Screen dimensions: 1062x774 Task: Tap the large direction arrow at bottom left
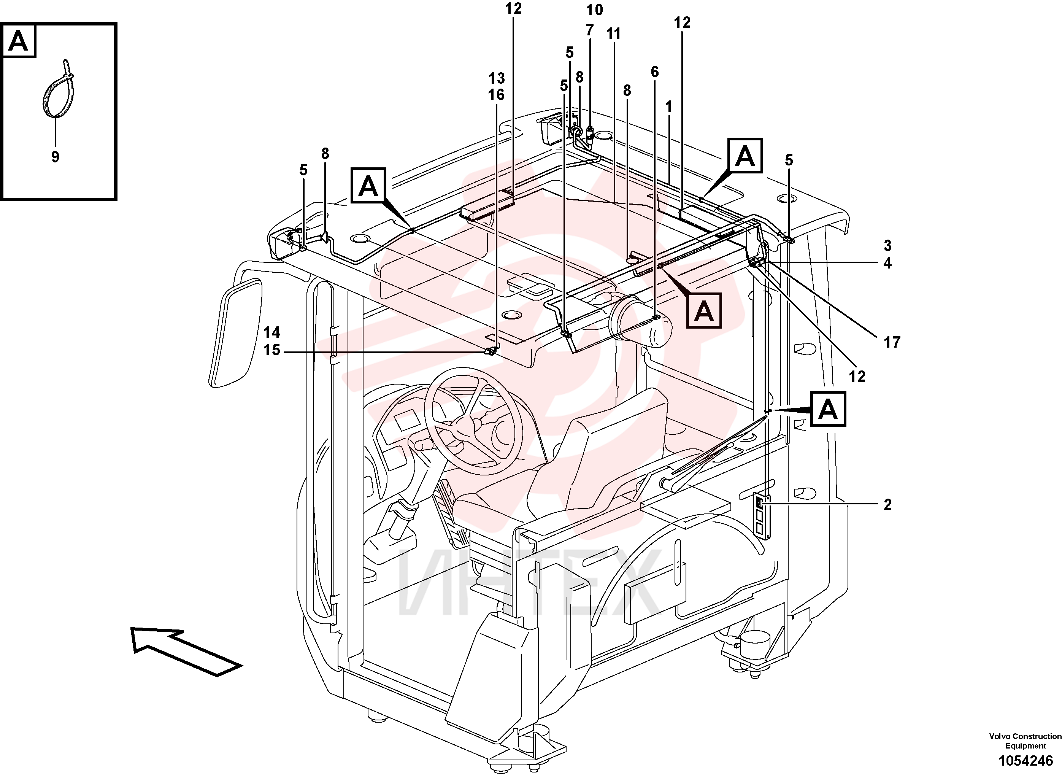[x=186, y=651]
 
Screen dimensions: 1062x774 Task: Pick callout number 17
[x=892, y=342]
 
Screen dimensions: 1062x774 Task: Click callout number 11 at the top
[x=613, y=34]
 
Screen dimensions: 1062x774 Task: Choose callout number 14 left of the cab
[x=271, y=332]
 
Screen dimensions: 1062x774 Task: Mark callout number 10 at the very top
[x=595, y=10]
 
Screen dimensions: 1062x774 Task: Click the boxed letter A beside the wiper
[x=828, y=409]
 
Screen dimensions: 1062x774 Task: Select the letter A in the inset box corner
[x=19, y=41]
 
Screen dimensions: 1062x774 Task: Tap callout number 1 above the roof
[x=669, y=107]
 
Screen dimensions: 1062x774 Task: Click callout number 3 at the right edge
[x=887, y=245]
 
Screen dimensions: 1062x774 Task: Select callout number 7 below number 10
[x=589, y=30]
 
